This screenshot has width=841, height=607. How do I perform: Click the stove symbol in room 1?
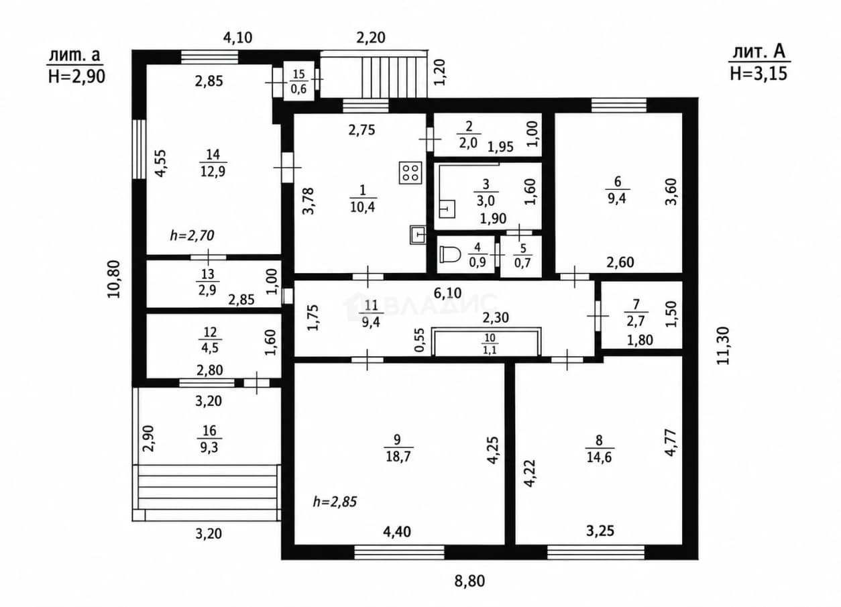coord(410,172)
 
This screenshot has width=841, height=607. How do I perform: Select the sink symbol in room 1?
coord(418,235)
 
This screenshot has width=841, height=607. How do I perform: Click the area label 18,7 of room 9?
coord(398,457)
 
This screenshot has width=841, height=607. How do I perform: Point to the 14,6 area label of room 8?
coord(600,457)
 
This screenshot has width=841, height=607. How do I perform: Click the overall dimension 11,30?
coord(723,345)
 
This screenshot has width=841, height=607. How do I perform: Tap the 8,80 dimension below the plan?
coord(469,581)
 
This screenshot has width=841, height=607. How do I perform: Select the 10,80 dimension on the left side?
coord(115,279)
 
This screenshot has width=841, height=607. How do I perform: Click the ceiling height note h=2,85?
coord(335,502)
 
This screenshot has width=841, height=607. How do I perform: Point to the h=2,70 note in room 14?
coord(192,235)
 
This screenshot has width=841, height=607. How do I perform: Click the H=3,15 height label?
coord(759,74)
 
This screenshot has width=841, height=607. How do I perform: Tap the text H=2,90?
coord(76,76)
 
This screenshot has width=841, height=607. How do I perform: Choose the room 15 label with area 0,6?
coord(299,81)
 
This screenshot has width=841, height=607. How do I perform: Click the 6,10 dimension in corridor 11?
coord(447,293)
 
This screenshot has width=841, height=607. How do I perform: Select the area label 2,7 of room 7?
coord(636,321)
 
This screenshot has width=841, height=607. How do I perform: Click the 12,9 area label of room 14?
coord(213,172)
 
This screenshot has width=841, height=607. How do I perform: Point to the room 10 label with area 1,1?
coord(490,345)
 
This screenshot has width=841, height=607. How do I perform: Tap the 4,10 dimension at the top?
coord(237,38)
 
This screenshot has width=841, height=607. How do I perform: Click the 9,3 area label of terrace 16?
coord(209,447)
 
